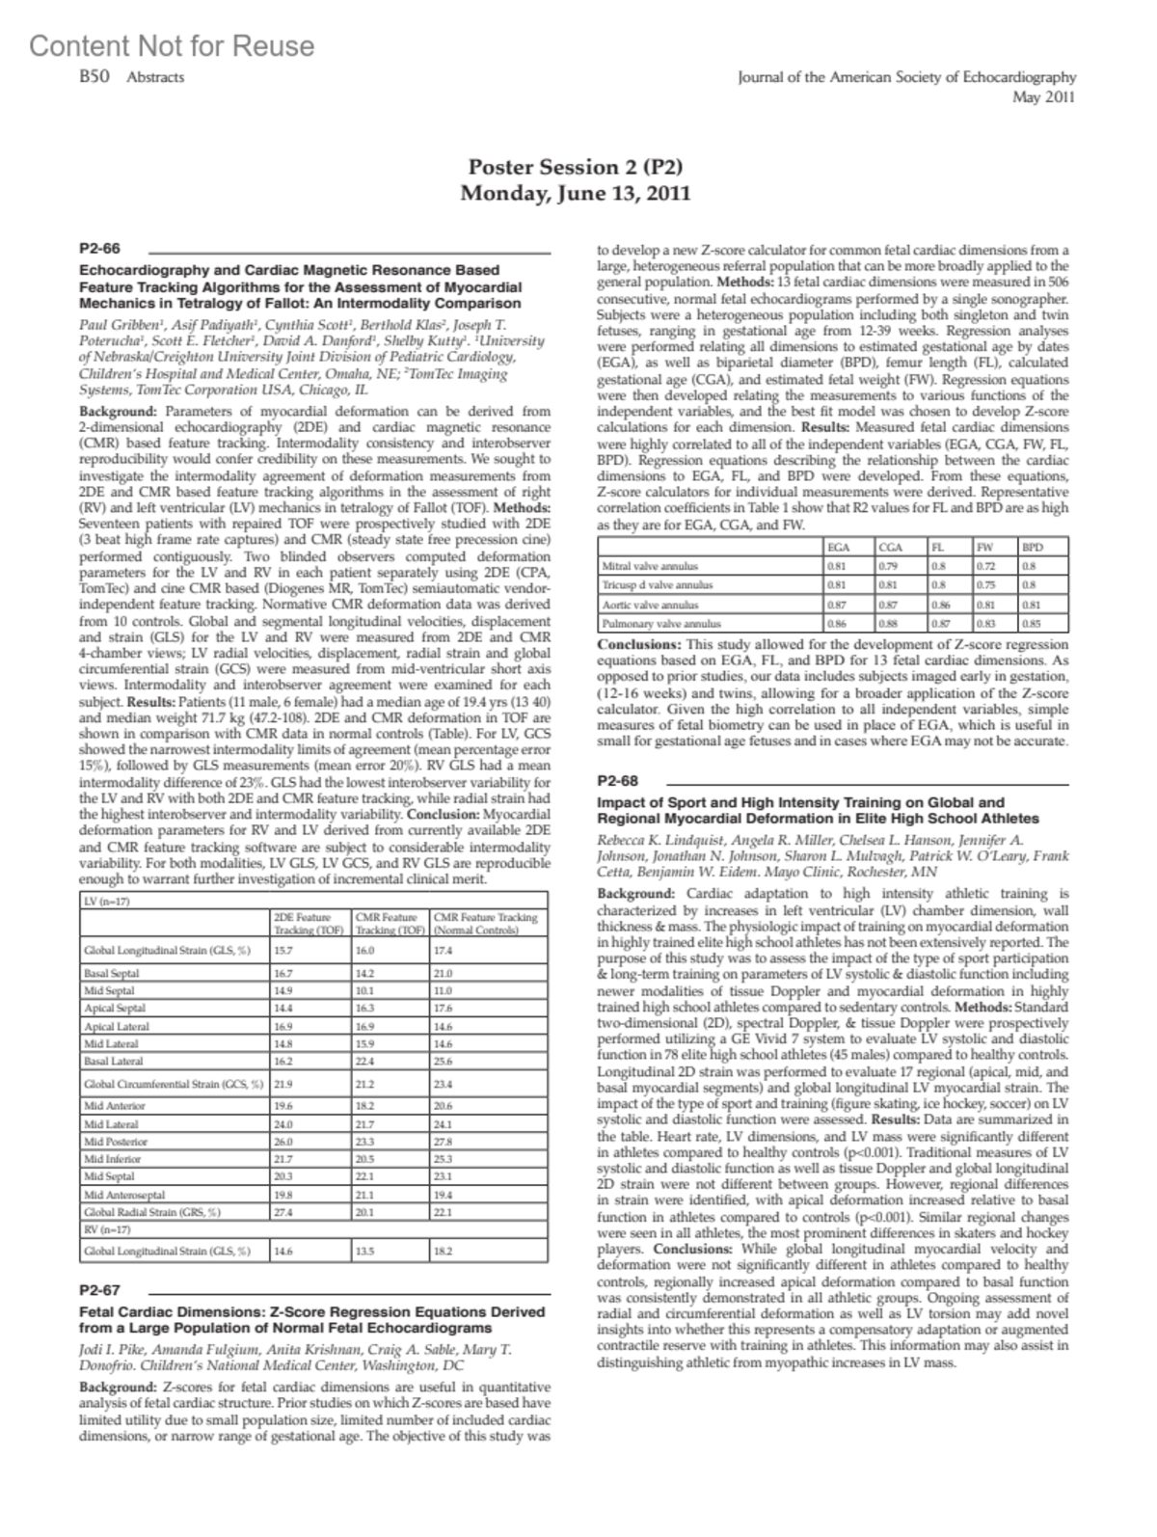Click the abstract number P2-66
(x=99, y=249)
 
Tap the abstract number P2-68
(x=618, y=780)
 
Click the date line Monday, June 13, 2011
(x=576, y=193)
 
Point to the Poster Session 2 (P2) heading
(x=576, y=167)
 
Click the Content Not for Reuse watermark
(x=172, y=45)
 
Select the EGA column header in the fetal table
(x=839, y=548)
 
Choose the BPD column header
(x=1033, y=548)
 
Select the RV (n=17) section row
(x=107, y=1229)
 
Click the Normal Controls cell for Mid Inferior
(x=444, y=1158)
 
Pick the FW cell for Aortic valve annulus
(x=985, y=605)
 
